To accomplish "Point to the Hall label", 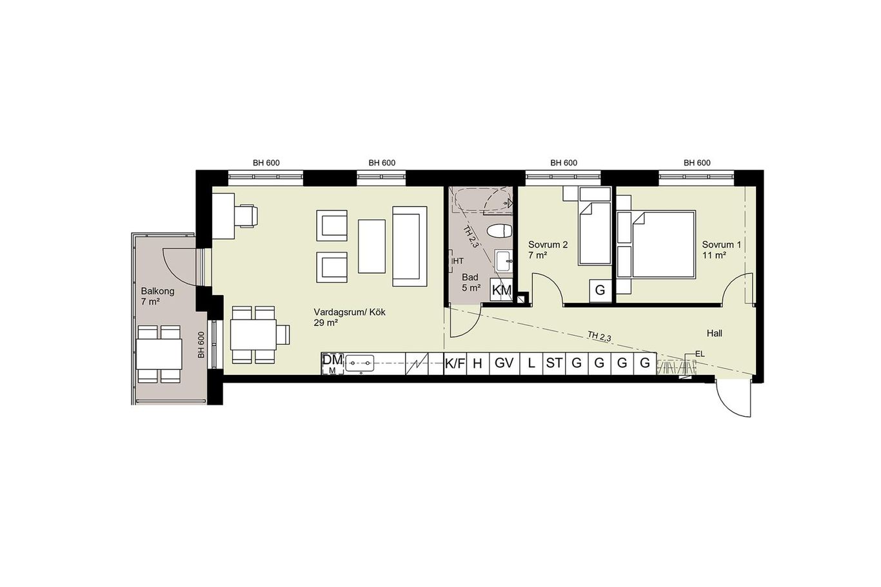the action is click(714, 333).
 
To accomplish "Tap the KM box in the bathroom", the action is click(502, 289).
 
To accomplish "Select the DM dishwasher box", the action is click(333, 363).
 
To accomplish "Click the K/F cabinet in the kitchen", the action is click(455, 363).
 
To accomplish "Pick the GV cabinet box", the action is click(504, 363).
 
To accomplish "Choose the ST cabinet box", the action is click(554, 363).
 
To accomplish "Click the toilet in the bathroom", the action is click(499, 231).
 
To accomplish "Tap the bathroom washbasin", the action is click(504, 261).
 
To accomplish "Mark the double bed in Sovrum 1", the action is click(664, 244).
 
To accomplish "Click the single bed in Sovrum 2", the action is click(595, 233).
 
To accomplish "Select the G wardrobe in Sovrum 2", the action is click(600, 291).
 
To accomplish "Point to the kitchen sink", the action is click(359, 363).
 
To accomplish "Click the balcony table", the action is click(159, 354).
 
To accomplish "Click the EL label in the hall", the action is click(700, 354).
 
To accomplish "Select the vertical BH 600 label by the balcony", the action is click(201, 345).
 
